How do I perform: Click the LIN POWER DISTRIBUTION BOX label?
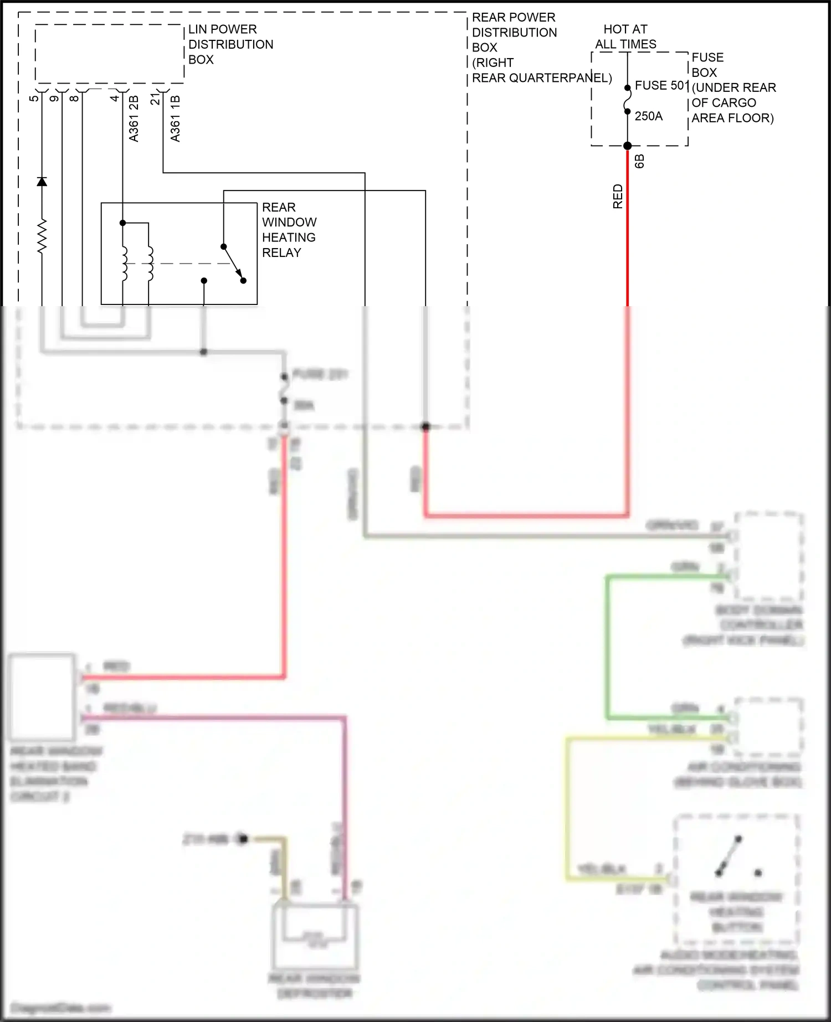click(x=230, y=44)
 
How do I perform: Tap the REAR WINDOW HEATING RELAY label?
click(x=289, y=230)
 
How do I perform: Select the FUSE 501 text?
click(x=661, y=86)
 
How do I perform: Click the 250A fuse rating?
click(x=648, y=116)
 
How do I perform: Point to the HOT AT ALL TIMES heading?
click(x=625, y=37)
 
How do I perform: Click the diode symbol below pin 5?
click(x=42, y=181)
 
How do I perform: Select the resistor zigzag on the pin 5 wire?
click(x=42, y=237)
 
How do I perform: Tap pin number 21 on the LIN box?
click(x=156, y=99)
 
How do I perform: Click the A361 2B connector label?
click(x=134, y=118)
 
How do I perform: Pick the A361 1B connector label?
click(x=175, y=118)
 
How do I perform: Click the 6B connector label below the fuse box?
click(x=639, y=161)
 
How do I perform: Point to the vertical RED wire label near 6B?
click(x=618, y=197)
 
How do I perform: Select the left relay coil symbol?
click(x=124, y=263)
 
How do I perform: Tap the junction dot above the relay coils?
click(x=123, y=223)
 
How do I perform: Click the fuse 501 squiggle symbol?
click(x=628, y=100)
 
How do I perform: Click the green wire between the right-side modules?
click(x=608, y=648)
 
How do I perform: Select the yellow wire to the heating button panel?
click(x=567, y=808)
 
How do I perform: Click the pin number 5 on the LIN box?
click(x=34, y=98)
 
